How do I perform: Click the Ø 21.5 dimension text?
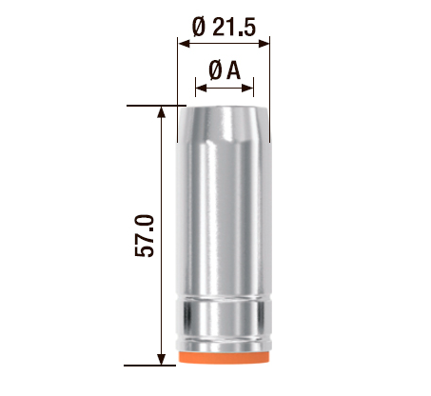point(224,27)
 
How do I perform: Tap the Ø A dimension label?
point(225,70)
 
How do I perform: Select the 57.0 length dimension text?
point(145,236)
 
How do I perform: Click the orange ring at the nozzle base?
point(224,357)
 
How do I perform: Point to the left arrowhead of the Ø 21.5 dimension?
point(184,44)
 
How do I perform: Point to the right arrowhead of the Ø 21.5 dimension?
point(264,44)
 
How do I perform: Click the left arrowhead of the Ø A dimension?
point(201,88)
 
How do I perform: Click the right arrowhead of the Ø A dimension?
point(247,88)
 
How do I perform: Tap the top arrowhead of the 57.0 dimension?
point(162,112)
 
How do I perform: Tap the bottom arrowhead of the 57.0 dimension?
point(162,359)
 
